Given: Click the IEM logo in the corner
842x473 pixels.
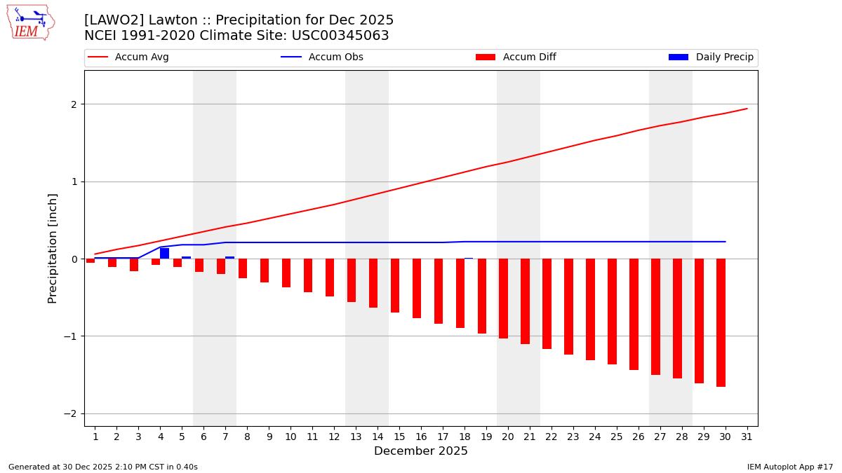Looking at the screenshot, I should point(30,22).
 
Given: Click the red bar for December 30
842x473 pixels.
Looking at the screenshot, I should point(721,322).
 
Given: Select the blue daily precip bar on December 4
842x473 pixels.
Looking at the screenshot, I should point(164,253).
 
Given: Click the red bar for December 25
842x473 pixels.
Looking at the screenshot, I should point(612,311).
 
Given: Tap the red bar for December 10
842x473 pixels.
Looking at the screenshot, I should point(286,273).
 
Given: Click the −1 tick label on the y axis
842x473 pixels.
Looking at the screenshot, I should point(70,336).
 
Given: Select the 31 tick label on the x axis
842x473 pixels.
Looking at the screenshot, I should point(747,437).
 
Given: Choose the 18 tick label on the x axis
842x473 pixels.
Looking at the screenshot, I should point(465,437).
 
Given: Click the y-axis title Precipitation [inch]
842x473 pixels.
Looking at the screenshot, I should point(53,248).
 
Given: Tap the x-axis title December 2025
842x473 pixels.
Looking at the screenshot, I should point(420,451).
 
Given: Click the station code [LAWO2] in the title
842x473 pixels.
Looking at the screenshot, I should point(114,20).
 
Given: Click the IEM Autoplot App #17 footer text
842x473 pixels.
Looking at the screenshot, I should point(789,467).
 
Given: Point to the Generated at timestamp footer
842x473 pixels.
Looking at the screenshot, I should point(103,467).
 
